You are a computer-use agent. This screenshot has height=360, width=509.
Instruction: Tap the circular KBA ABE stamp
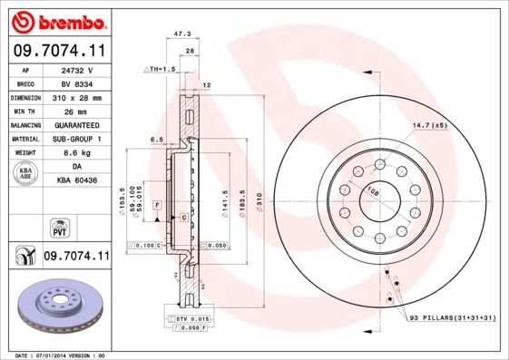pyautogui.click(x=25, y=173)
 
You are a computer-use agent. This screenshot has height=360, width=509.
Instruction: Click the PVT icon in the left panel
pyautogui.click(x=24, y=227)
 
